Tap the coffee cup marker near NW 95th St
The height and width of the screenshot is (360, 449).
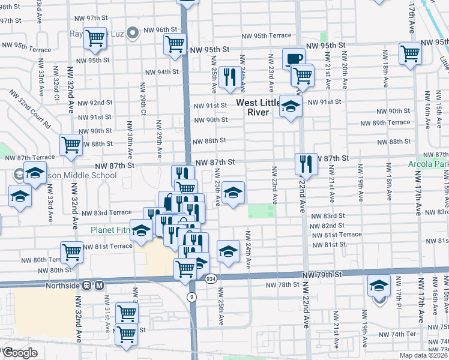[294, 59]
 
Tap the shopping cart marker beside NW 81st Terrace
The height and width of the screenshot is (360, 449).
[71, 251]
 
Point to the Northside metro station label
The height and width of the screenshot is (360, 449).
[62, 286]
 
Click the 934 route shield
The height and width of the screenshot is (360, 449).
[210, 279]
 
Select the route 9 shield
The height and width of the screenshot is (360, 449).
[191, 297]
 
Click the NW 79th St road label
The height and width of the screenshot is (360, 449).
[322, 274]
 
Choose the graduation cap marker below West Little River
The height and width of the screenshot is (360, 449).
[291, 107]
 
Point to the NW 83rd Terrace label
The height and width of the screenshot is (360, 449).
[106, 213]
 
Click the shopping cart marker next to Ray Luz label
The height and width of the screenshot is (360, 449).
[95, 38]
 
